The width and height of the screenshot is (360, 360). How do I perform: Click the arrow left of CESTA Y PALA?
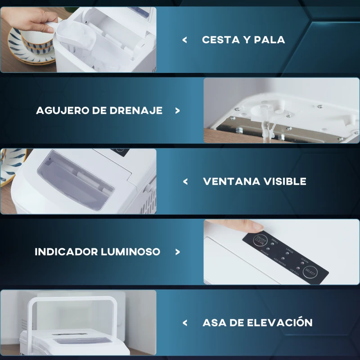tap(184, 40)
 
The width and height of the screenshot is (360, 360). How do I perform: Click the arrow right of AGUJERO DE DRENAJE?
tap(177, 110)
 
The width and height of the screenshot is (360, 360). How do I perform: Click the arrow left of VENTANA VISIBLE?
tap(185, 181)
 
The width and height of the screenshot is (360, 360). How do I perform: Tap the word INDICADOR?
tap(66, 252)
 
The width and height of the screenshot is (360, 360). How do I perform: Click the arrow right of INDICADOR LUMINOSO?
tap(177, 252)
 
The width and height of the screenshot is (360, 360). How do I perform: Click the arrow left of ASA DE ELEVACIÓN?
tap(185, 323)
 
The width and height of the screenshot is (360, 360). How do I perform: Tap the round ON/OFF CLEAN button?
tap(260, 241)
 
